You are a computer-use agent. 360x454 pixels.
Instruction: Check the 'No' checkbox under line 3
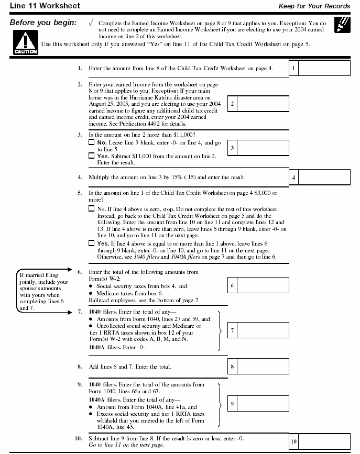pos(92,142)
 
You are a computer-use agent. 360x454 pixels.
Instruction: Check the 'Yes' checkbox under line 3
pos(92,156)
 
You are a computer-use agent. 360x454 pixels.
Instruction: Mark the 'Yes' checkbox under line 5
pos(92,243)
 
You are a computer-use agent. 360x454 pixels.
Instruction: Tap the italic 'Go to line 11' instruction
pos(126,445)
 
